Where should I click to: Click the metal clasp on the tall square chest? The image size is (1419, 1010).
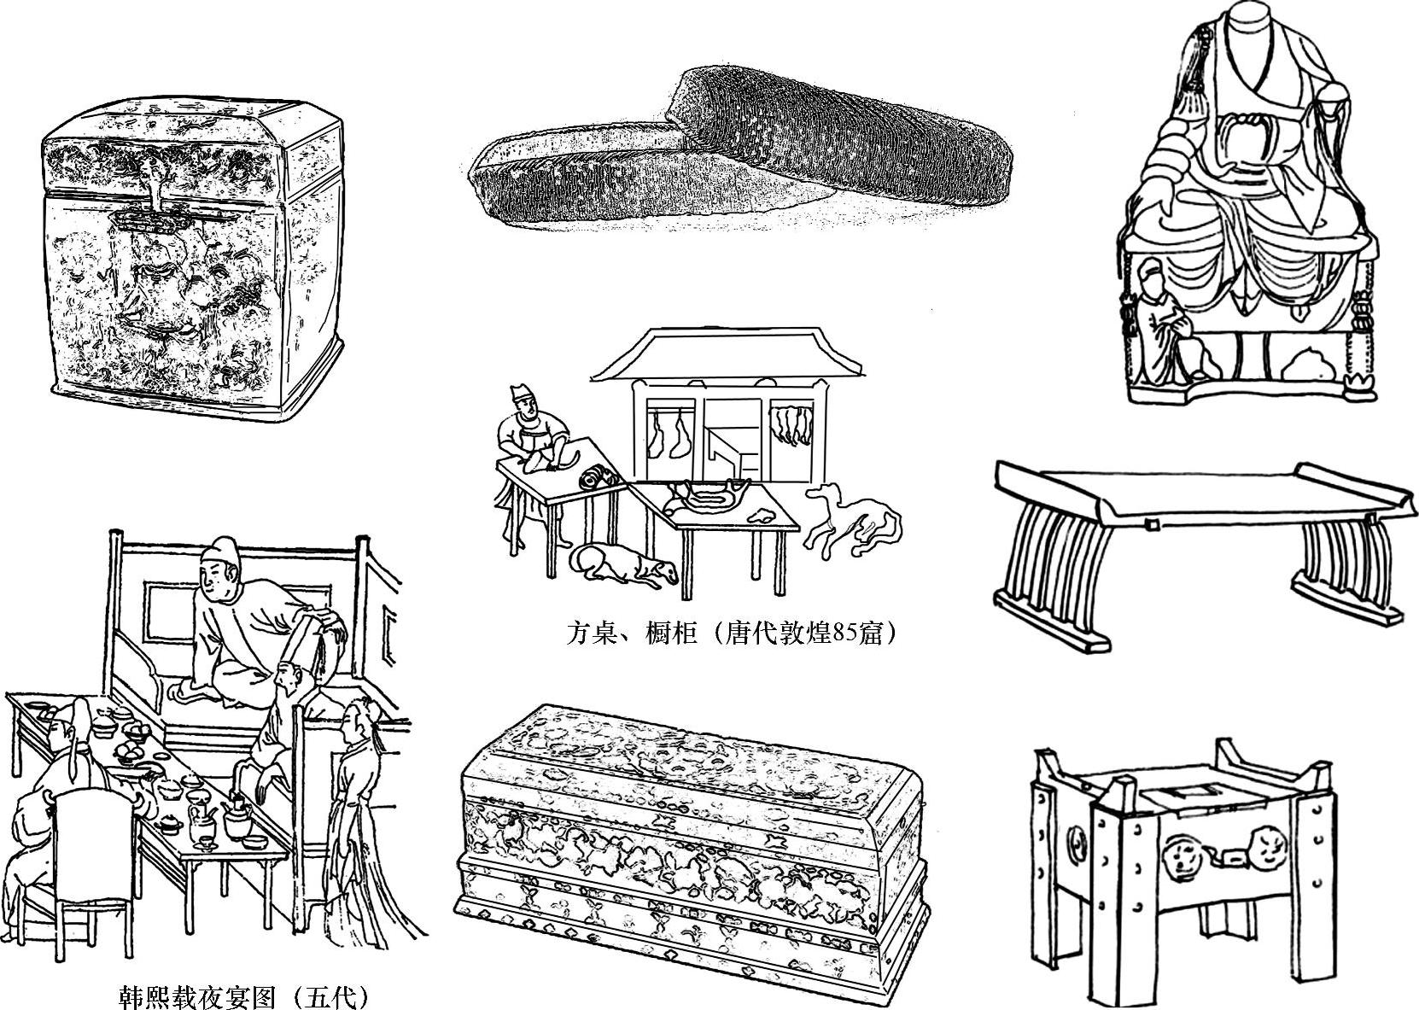click(151, 219)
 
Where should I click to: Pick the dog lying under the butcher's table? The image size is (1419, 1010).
click(623, 563)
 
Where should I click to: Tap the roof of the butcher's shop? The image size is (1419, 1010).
click(726, 354)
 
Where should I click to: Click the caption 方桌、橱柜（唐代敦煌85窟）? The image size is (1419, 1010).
click(732, 633)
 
